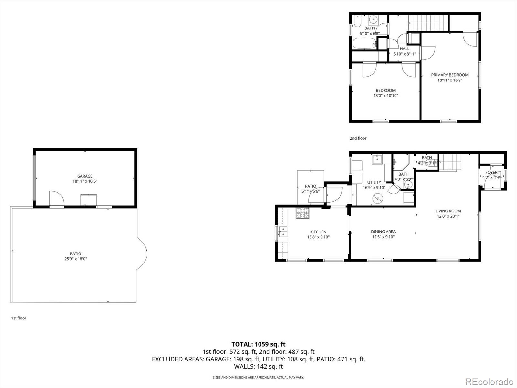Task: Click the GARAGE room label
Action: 85,176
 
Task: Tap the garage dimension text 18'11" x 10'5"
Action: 85,181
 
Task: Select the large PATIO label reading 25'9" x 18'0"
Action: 76,256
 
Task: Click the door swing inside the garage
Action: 57,198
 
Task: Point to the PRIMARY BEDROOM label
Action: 450,75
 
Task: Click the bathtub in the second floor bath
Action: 364,43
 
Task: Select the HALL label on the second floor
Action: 405,49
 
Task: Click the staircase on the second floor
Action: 428,23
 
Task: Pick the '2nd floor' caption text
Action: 358,138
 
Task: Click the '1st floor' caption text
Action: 19,318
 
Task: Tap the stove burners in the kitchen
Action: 302,213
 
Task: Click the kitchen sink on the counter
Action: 283,232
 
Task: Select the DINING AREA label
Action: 383,232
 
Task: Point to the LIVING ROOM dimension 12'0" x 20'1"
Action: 448,216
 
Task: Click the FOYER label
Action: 491,172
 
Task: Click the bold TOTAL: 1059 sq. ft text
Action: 258,344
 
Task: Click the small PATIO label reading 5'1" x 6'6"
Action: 311,189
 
